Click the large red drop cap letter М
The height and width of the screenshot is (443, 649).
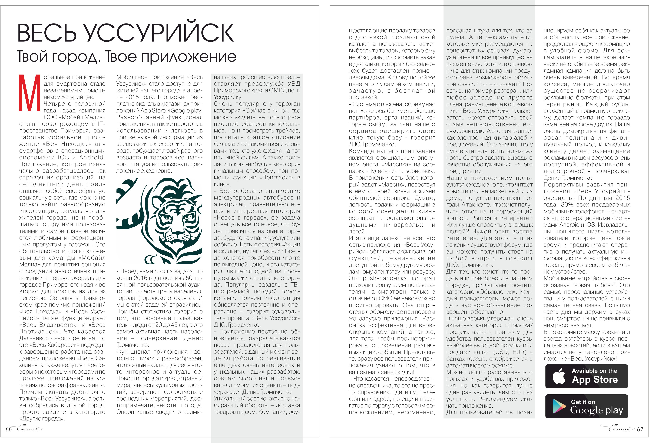[30, 93]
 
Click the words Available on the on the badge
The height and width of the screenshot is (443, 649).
[594, 371]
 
